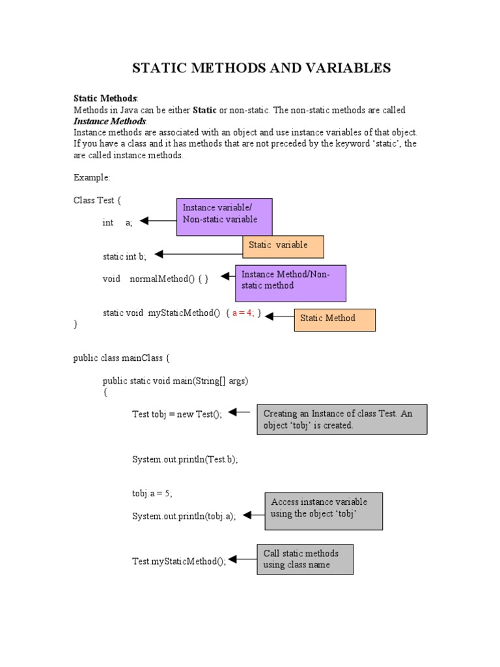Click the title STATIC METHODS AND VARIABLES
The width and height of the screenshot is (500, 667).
[x=262, y=68]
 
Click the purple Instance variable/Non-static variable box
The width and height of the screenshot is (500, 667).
[x=225, y=216]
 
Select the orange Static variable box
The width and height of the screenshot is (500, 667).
[x=283, y=246]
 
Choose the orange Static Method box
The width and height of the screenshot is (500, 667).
[x=335, y=319]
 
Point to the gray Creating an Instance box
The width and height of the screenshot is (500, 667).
[x=342, y=419]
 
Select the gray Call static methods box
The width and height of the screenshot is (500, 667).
[x=305, y=559]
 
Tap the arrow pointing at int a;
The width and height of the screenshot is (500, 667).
[x=158, y=221]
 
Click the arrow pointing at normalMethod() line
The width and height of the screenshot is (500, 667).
[x=227, y=276]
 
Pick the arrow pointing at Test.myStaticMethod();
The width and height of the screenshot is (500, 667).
[x=242, y=559]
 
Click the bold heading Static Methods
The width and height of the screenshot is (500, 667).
[x=105, y=98]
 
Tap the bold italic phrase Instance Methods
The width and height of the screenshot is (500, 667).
[x=110, y=121]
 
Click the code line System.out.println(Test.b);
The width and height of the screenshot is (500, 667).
[x=185, y=459]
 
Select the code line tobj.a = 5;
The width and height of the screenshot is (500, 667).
[x=152, y=493]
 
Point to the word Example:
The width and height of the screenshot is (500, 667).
[x=92, y=177]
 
